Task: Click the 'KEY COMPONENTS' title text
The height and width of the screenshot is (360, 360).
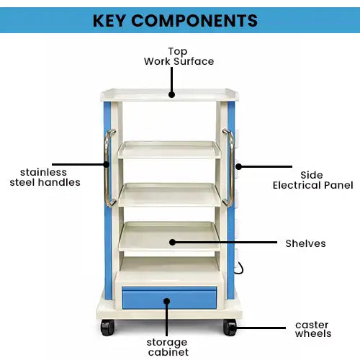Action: pos(175,19)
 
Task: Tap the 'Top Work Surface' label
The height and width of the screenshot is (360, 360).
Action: pos(179,56)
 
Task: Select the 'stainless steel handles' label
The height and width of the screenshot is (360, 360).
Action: pos(45,177)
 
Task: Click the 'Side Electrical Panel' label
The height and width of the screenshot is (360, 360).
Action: pos(312,180)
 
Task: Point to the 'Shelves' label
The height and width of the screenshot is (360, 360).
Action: pos(305,243)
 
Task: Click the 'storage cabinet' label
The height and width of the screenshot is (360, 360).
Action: pos(168,346)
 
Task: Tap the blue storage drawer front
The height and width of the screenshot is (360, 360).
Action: pos(169,297)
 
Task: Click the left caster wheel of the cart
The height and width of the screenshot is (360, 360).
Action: pos(107,328)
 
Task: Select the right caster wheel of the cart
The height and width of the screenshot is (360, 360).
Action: pos(230,328)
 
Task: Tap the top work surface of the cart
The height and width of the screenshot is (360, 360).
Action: pos(171,94)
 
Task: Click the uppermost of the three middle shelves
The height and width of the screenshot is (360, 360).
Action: pos(170,150)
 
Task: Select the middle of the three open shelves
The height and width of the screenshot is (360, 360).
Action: pos(170,194)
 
